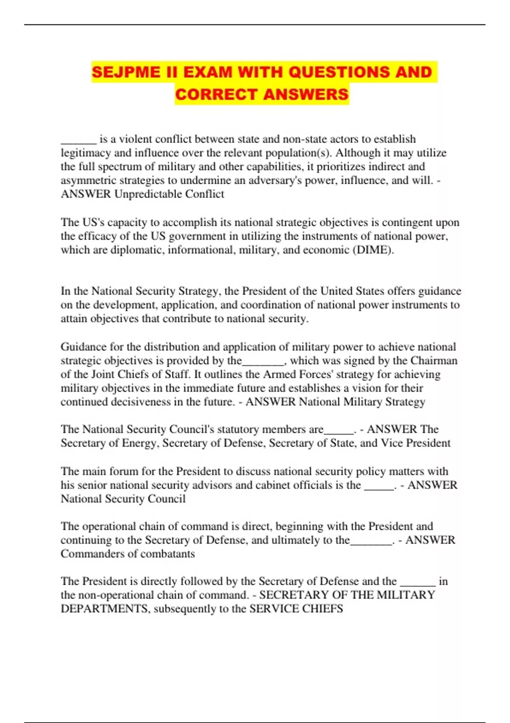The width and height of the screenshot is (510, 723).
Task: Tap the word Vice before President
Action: click(x=392, y=443)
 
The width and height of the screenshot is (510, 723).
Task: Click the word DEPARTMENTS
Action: click(x=104, y=609)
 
